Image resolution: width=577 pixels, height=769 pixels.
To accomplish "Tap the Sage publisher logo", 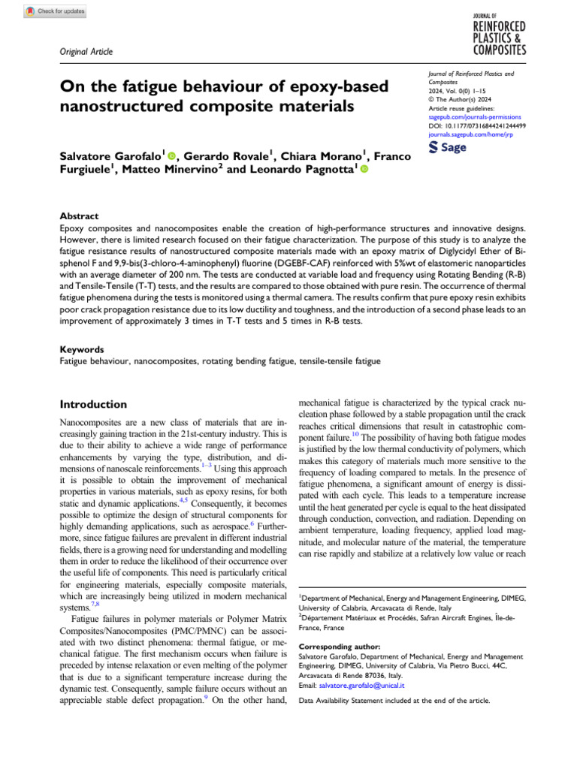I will pos(447,147).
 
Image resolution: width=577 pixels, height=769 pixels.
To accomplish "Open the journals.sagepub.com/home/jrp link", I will pos(470,134).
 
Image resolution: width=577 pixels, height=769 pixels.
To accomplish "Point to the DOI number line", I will pos(476,125).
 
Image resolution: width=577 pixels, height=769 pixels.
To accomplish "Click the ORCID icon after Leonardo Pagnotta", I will pos(364,171).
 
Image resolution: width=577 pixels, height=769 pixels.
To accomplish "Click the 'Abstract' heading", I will pos(79,216).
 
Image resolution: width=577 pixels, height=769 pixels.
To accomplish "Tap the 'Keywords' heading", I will pos(81,349).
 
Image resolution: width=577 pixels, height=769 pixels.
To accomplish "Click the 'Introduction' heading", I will pos(92,404).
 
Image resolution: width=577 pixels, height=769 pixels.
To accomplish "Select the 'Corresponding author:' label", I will pos(339,646).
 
